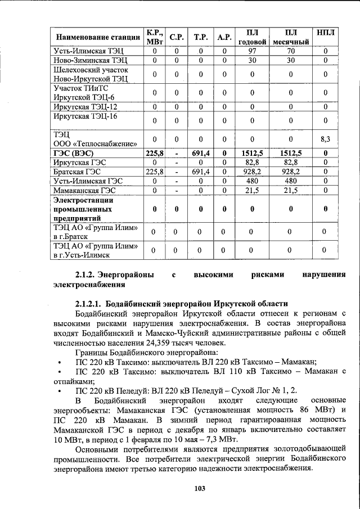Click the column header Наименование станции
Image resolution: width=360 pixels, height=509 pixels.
point(97,38)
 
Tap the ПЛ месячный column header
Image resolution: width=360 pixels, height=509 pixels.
point(291,37)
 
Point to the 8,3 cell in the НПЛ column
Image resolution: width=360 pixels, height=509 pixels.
point(325,138)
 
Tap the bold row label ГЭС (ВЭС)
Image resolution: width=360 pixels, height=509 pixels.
point(73,152)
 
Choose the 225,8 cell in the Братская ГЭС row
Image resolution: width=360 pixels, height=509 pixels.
point(154,172)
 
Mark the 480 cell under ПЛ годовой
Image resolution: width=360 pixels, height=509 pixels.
point(252,181)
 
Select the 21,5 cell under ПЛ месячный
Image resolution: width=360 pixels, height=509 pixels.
point(291,191)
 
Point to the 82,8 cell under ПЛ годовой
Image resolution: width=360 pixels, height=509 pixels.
point(252,162)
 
